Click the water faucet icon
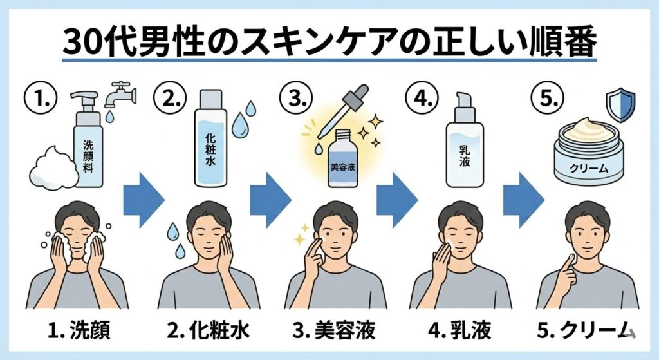(120, 95)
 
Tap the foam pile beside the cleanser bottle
(53, 168)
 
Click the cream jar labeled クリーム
(588, 151)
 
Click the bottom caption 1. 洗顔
(79, 330)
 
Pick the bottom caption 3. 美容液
(334, 330)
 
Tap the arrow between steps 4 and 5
(524, 200)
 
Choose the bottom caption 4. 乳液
(459, 330)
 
